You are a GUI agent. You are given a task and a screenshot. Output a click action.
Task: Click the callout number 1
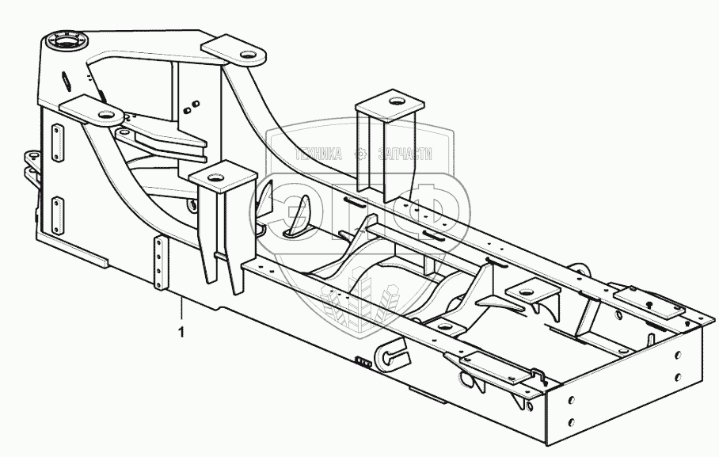181,333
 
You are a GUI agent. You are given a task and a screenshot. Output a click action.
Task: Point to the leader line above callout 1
181,310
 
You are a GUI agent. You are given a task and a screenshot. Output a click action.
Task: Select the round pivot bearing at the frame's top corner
68,40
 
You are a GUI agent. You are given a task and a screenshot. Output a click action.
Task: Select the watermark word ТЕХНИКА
319,154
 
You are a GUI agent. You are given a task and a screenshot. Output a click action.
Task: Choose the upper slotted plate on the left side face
56,143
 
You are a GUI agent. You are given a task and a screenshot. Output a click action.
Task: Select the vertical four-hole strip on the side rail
160,263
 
